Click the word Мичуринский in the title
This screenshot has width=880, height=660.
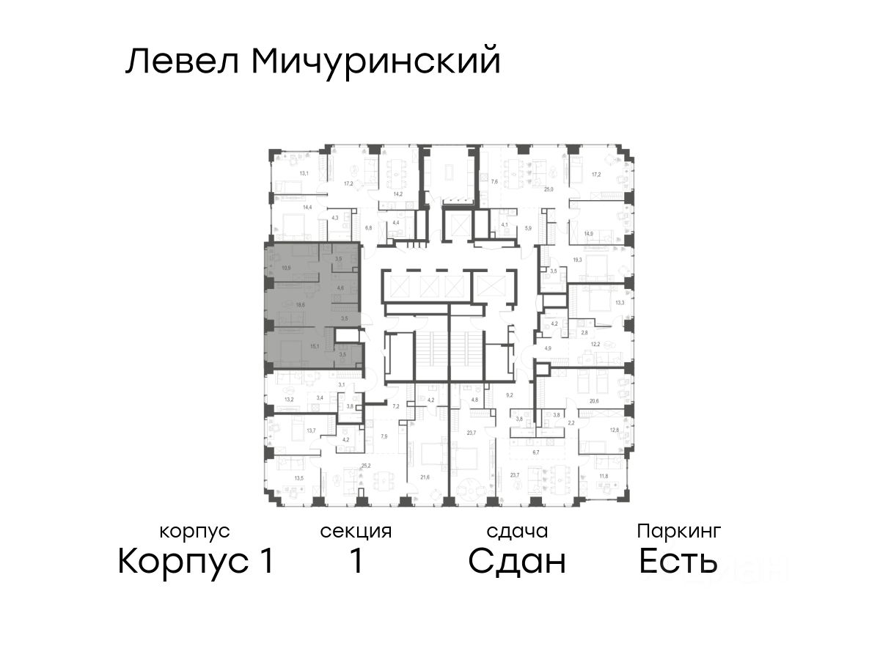(375, 62)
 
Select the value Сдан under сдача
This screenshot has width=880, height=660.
(517, 562)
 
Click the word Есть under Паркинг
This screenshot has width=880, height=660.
(678, 562)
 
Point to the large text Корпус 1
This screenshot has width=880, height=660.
(196, 562)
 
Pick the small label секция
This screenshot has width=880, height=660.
(356, 531)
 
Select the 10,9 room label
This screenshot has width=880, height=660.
(286, 268)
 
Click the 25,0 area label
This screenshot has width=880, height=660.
(547, 189)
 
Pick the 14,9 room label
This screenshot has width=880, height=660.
(588, 234)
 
